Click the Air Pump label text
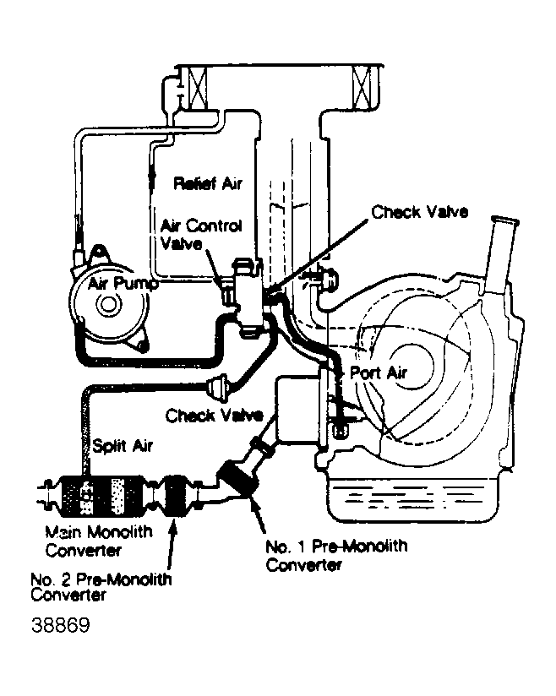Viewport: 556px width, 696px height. [123, 285]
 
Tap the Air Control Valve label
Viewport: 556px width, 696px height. [201, 234]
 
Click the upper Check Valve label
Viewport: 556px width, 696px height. [419, 211]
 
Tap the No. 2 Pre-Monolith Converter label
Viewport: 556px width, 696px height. [101, 586]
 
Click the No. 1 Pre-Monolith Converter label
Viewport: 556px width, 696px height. [336, 555]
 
